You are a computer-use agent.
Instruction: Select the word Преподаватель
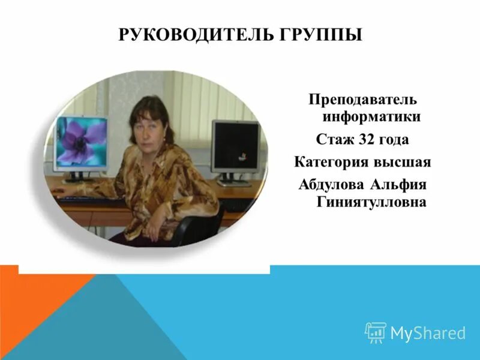pos(354,98)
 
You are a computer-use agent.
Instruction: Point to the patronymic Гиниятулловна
pos(371,202)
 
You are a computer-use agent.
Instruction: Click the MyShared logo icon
pos(375,332)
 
